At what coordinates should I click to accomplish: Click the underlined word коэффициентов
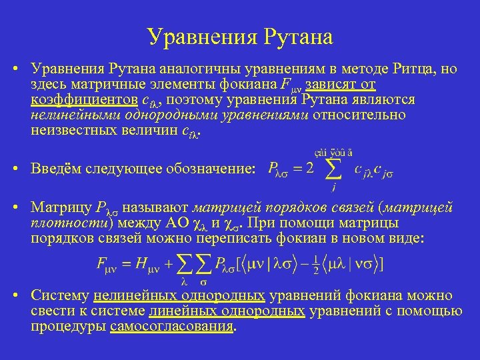tap(83, 100)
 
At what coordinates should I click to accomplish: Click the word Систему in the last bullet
tap(59, 296)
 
